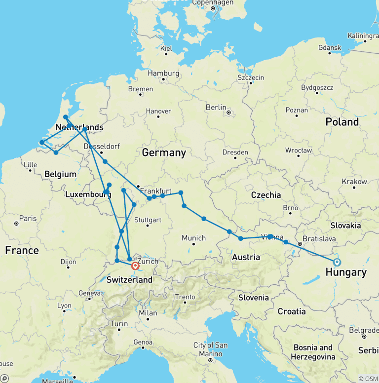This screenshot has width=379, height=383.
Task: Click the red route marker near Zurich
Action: pyautogui.click(x=135, y=266)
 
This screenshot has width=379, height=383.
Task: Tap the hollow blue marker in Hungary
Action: pyautogui.click(x=337, y=262)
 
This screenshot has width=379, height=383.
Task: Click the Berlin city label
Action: pyautogui.click(x=216, y=107)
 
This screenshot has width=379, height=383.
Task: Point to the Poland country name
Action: pyautogui.click(x=342, y=122)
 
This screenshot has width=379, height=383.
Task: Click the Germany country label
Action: pyautogui.click(x=164, y=153)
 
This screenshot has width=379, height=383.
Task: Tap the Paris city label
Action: pyautogui.click(x=28, y=218)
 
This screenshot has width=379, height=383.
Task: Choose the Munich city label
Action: pyautogui.click(x=193, y=238)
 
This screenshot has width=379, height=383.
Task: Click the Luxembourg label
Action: pyautogui.click(x=88, y=194)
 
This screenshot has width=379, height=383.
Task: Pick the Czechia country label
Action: pyautogui.click(x=266, y=195)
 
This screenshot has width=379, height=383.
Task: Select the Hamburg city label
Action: pyautogui.click(x=163, y=73)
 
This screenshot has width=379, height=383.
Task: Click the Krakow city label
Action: pyautogui.click(x=355, y=182)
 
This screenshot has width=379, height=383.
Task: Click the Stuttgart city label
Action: pyautogui.click(x=148, y=219)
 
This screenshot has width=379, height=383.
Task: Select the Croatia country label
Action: pyautogui.click(x=292, y=311)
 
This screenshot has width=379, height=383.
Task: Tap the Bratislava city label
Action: pyautogui.click(x=319, y=238)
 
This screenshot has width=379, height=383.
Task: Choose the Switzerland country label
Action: pyautogui.click(x=129, y=280)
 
